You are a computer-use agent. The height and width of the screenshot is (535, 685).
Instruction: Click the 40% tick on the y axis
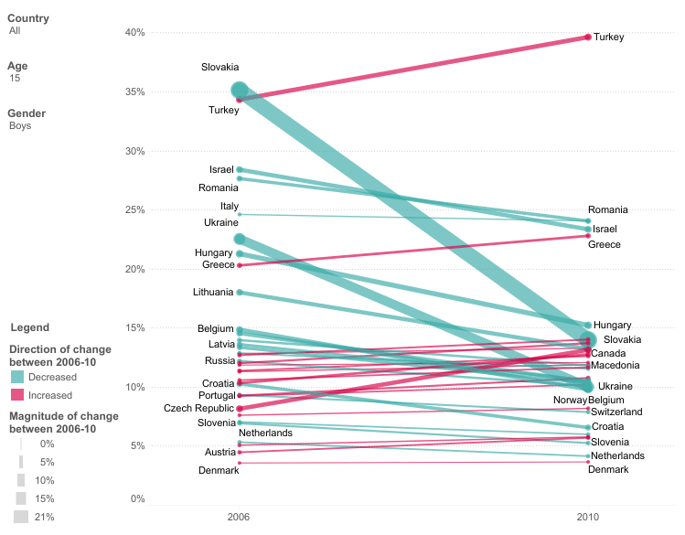(135, 33)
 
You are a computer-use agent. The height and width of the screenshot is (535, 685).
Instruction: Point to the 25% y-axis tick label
(135, 210)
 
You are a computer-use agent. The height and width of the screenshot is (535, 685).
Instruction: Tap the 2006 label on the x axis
(239, 517)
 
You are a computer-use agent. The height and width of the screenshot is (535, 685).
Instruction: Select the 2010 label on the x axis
(588, 517)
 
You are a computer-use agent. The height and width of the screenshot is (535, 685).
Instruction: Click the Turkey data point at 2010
(588, 37)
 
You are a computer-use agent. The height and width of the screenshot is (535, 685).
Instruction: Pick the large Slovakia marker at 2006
(240, 91)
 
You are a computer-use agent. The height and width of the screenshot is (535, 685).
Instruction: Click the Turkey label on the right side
(608, 37)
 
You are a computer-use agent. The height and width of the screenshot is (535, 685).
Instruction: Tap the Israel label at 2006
(221, 170)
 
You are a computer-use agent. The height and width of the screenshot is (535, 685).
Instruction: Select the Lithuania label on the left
(213, 293)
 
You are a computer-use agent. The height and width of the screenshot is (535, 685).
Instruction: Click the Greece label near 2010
(604, 245)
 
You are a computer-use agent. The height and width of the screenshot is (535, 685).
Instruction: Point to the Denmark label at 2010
(607, 469)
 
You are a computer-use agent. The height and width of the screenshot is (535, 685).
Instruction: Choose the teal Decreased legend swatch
(17, 377)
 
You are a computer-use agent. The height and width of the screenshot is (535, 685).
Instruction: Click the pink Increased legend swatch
(17, 395)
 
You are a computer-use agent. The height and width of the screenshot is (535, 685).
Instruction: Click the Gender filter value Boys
(20, 126)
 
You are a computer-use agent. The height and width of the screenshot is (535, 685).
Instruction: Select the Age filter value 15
(15, 79)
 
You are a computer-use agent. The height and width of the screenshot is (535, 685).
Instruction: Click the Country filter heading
(28, 18)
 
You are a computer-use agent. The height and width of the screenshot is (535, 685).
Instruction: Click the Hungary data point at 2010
(588, 326)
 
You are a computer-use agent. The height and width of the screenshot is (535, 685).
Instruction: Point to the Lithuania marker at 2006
(240, 293)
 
